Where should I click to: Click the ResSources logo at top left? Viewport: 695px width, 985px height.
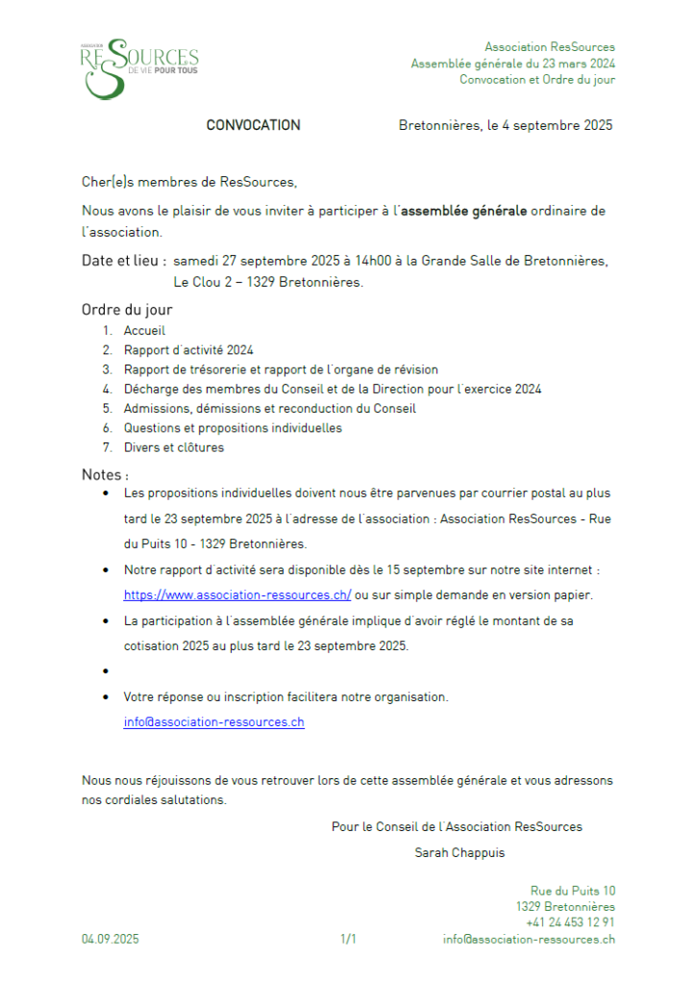139,66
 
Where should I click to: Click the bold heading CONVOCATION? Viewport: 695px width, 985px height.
253,125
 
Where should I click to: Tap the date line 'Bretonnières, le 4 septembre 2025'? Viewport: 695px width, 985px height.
505,125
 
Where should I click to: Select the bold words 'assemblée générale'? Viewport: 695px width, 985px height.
463,211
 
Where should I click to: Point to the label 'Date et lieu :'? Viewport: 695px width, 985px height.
125,261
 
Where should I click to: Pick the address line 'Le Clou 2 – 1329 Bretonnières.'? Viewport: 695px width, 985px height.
268,282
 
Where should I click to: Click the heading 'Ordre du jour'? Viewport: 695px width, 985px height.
127,310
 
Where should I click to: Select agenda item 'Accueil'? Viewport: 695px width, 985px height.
144,330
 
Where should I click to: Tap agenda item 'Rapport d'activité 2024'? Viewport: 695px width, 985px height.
188,350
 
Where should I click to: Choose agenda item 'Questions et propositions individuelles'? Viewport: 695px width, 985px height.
233,428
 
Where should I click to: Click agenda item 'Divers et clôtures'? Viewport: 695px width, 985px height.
173,447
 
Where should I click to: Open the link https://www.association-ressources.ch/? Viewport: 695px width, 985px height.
237,594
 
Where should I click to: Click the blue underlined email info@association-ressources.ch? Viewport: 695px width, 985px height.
213,721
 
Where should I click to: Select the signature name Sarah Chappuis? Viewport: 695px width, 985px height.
459,852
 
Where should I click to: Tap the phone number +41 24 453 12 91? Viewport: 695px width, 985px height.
570,922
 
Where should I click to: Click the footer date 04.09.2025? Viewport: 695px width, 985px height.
110,940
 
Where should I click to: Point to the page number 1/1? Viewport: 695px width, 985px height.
348,940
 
